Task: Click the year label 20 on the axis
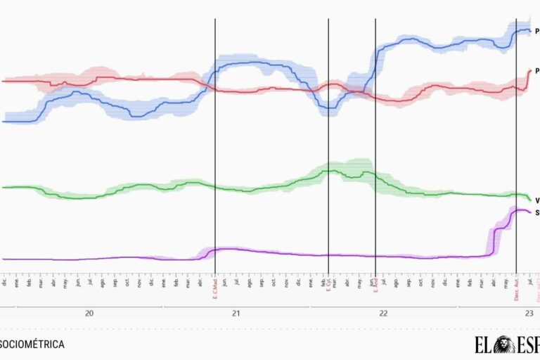[89, 314]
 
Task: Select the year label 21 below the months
[237, 314]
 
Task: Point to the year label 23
[527, 314]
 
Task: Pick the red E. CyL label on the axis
[328, 285]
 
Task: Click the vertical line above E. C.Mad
[215, 141]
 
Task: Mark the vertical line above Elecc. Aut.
[516, 141]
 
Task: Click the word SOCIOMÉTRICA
[32, 345]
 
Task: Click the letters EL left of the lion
[484, 345]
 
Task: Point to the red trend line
[141, 79]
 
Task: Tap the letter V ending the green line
[537, 200]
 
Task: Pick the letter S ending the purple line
[537, 212]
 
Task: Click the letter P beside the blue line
[537, 31]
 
